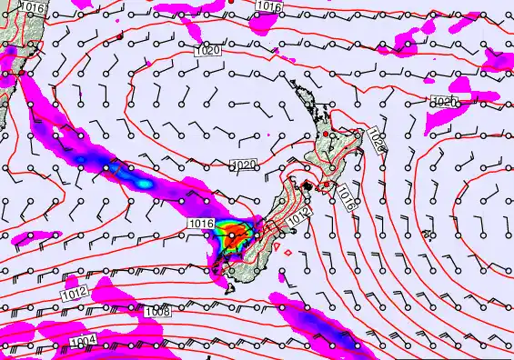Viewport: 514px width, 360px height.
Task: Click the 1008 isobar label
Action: pyautogui.click(x=157, y=312)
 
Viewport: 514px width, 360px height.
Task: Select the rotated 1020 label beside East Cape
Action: pyautogui.click(x=379, y=139)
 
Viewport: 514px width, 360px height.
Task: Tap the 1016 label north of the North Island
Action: pyautogui.click(x=269, y=6)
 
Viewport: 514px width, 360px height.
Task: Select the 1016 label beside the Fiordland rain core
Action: pyautogui.click(x=201, y=223)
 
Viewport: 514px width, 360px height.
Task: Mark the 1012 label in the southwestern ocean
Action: pyautogui.click(x=76, y=292)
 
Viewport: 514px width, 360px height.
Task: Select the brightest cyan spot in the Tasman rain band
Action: pyautogui.click(x=144, y=184)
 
